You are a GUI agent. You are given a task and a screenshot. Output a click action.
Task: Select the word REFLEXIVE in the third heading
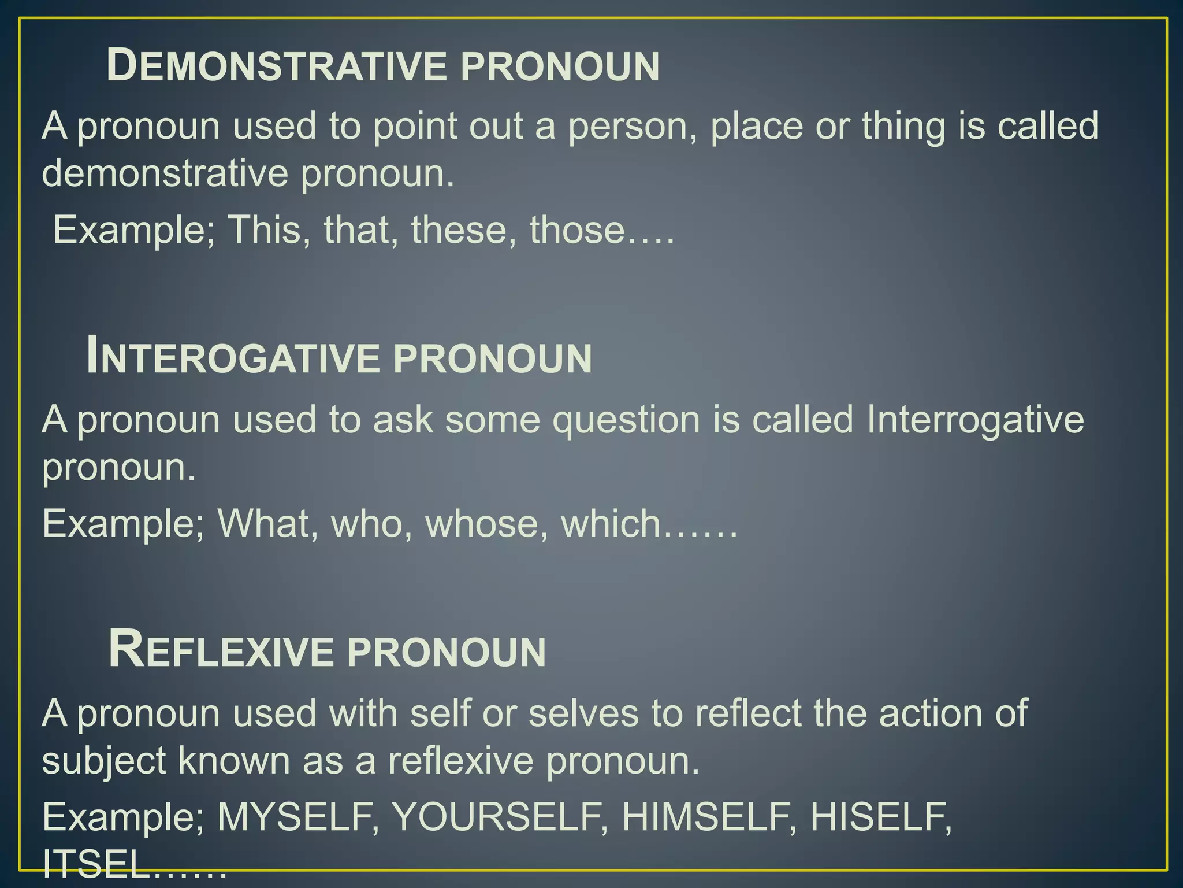coord(221,651)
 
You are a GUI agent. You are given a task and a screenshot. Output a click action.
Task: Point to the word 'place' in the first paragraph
coord(756,126)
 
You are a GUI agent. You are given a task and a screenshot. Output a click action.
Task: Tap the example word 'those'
coord(577,230)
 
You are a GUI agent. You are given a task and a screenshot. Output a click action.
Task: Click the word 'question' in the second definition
coord(626,420)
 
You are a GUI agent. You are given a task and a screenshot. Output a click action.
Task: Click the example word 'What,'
coord(267,524)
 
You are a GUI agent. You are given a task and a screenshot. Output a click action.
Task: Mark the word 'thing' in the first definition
coord(903,126)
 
